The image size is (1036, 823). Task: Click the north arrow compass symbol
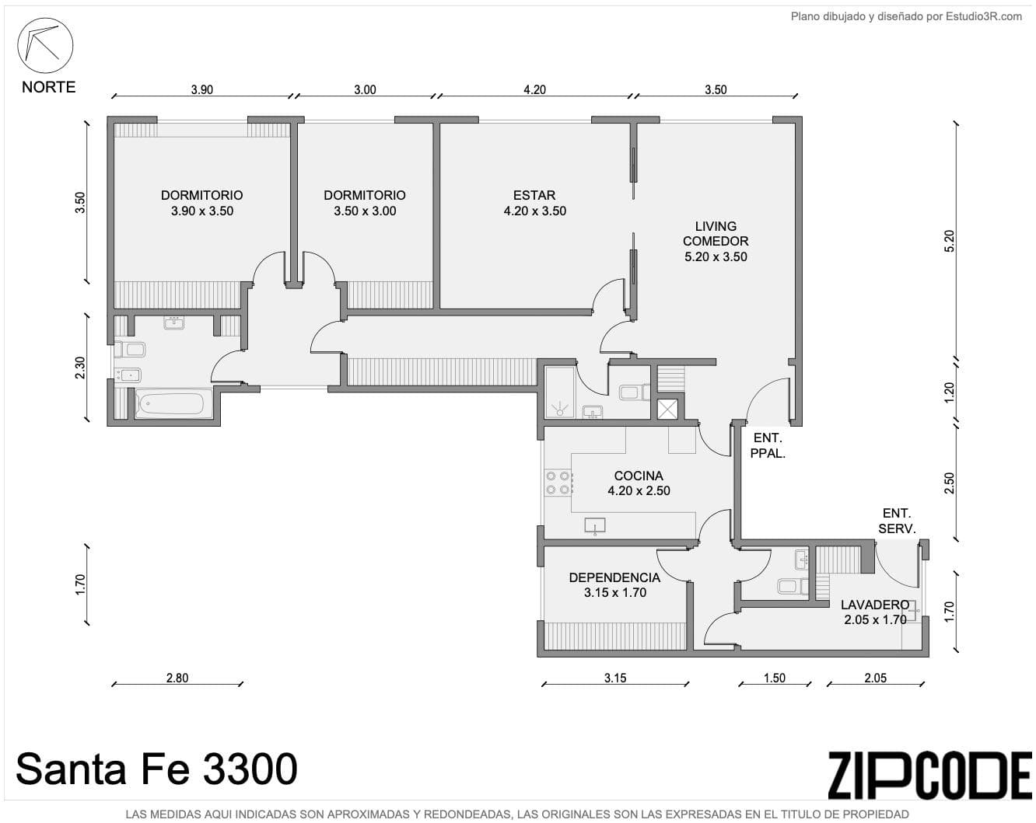point(45,45)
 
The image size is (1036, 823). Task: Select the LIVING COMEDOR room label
point(716,241)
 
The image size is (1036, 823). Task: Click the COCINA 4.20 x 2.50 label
point(639,483)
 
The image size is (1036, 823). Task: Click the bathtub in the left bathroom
point(170,404)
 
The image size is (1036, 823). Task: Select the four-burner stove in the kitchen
point(558,482)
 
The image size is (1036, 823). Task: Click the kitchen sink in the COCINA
point(595,526)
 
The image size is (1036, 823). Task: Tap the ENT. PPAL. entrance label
point(768,445)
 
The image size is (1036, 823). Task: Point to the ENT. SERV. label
point(897,521)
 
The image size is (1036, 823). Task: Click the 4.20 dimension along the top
point(534,89)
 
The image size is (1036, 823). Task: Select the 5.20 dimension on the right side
point(948,240)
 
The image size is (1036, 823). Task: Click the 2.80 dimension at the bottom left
point(177,678)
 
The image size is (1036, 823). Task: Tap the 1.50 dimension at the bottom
point(774,678)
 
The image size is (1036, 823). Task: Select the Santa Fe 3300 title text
point(156,769)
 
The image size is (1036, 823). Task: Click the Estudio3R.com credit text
point(906,16)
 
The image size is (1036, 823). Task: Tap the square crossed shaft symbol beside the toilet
point(667,409)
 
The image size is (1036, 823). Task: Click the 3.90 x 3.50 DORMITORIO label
point(202,203)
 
